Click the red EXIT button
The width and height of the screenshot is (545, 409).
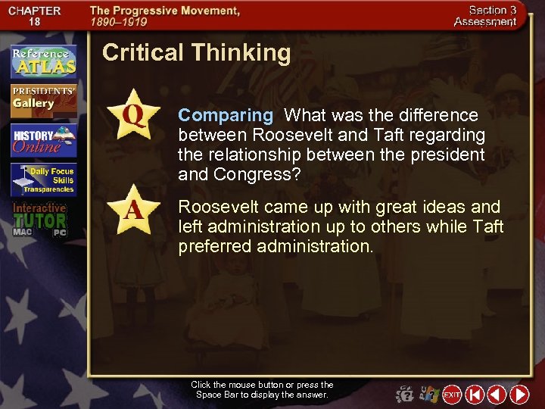pos(452,395)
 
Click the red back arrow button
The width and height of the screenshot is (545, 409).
pos(497,395)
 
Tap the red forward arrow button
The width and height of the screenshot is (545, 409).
pos(519,395)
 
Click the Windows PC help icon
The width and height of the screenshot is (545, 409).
pos(429,395)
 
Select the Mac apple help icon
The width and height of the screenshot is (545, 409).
pos(406,395)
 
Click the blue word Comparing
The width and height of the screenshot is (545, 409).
pos(225,116)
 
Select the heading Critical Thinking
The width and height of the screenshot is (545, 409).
pos(196,52)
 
